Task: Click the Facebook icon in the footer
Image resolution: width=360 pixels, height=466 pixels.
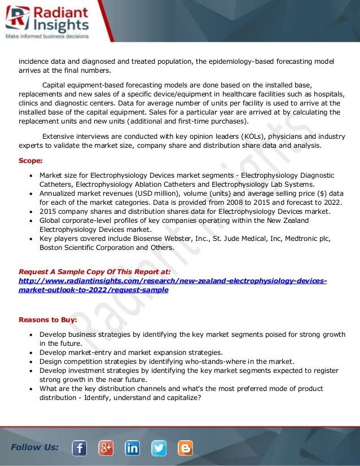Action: (x=80, y=448)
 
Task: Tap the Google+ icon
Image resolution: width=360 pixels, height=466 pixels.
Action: (x=106, y=448)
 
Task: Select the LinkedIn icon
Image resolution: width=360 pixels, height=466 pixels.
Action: (x=133, y=448)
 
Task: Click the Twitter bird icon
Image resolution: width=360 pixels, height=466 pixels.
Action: (x=159, y=448)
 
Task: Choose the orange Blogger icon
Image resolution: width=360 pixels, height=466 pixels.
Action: (x=185, y=448)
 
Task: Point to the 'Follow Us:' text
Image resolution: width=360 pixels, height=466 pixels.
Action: (x=34, y=447)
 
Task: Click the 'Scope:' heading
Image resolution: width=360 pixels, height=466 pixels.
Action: (x=30, y=160)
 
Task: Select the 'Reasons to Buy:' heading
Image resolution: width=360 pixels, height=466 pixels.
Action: (x=47, y=319)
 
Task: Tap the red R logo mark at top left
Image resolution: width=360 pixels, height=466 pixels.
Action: (x=16, y=19)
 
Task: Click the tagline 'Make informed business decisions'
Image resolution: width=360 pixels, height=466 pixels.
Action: (x=47, y=36)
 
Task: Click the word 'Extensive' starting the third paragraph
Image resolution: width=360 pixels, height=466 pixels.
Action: (x=59, y=136)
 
